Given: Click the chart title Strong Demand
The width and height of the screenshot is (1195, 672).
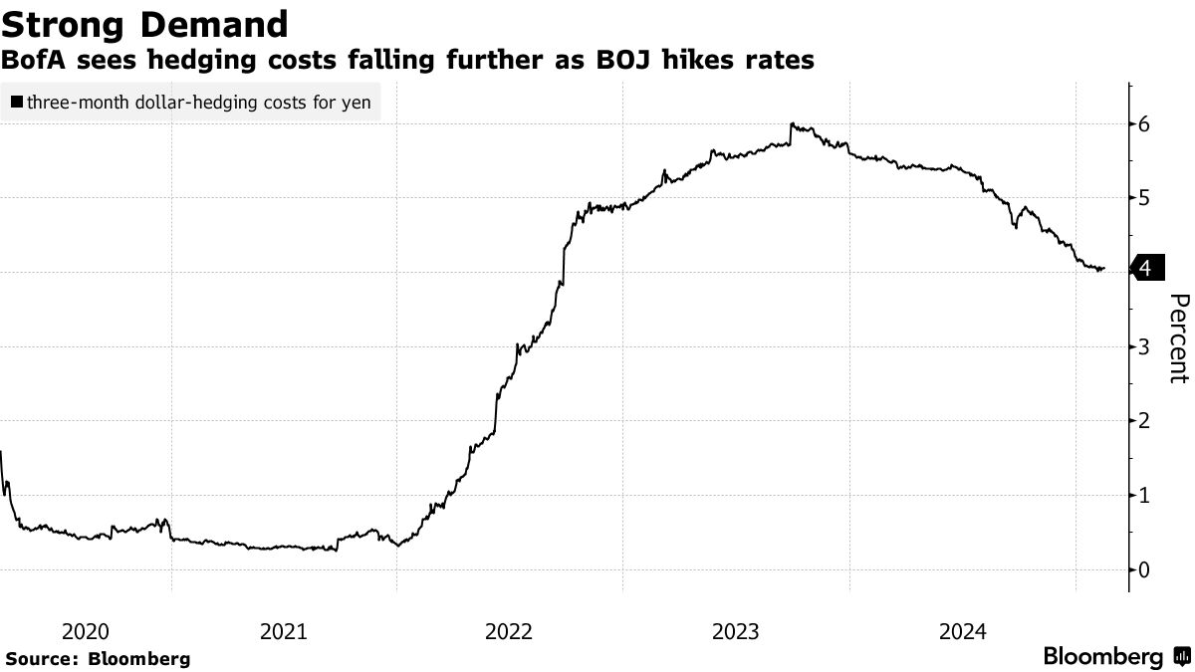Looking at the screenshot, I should point(145,23).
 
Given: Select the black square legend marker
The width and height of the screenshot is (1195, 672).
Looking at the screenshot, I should point(17,102).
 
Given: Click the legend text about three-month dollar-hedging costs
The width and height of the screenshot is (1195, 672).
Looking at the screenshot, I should point(198,102).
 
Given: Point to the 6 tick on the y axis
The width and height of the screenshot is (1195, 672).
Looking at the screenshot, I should point(1145,124).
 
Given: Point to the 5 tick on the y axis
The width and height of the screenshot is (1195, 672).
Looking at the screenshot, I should point(1145,198).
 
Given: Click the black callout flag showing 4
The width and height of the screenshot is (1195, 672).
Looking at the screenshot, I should point(1147,268).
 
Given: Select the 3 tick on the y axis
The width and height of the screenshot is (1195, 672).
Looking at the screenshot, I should point(1145,346).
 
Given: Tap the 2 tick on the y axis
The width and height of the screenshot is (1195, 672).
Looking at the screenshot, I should point(1145,421).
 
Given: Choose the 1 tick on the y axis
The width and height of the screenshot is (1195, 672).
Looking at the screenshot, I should point(1145,495).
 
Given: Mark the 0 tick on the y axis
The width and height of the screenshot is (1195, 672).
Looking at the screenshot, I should point(1145,569).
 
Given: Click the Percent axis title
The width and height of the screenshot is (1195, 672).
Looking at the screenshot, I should point(1178,338).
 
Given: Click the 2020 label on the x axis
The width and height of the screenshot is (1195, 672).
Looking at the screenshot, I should point(85,631).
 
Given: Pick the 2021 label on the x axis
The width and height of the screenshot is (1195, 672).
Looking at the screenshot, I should point(284,631).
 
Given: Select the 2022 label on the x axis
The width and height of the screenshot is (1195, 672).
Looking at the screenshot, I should point(510,631).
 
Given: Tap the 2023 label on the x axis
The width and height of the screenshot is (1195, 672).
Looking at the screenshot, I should point(737,631).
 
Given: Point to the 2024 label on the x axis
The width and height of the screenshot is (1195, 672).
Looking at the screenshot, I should point(963,631).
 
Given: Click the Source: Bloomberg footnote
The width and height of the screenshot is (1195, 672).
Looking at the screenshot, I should point(98,659).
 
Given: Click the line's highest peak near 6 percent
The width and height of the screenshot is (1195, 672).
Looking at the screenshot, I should point(791,124).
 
